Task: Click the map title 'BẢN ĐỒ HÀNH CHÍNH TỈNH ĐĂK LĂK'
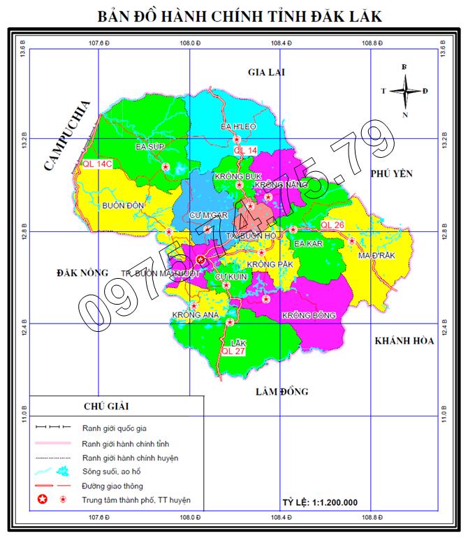[x=239, y=16]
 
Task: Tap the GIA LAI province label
[x=268, y=72]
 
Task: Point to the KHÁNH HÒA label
[x=404, y=340]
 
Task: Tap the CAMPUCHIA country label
[x=67, y=136]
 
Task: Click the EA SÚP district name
[x=149, y=147]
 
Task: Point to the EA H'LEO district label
[x=239, y=127]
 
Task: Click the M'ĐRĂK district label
[x=377, y=255]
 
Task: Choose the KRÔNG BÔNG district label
[x=309, y=316]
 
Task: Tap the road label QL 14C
[x=97, y=163]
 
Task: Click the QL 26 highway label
[x=332, y=224]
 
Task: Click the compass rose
[x=404, y=90]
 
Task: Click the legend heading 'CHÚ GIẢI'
[x=105, y=406]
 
